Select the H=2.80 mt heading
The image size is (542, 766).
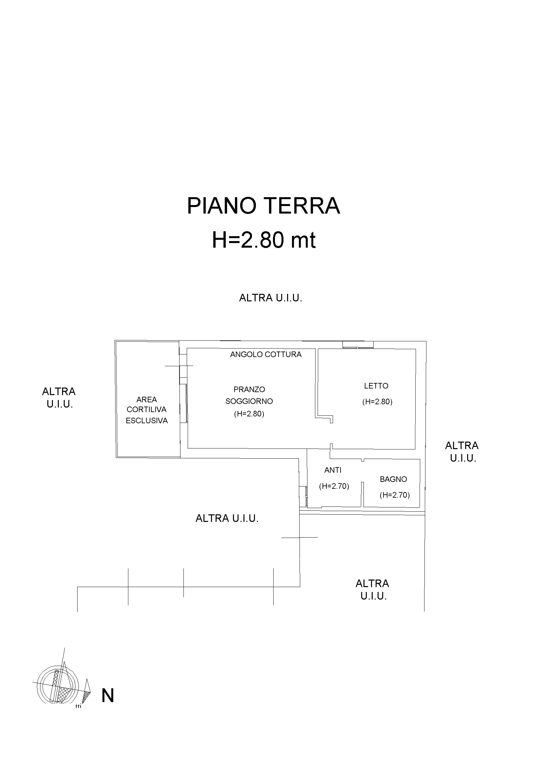click(264, 240)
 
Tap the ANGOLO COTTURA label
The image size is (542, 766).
click(266, 354)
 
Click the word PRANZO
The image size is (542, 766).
click(249, 389)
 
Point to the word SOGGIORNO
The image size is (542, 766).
click(249, 401)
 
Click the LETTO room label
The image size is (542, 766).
click(376, 386)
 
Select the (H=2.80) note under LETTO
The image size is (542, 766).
click(377, 402)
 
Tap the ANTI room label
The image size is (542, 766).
click(333, 470)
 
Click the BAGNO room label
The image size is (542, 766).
click(393, 480)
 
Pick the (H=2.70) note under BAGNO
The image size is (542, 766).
click(394, 495)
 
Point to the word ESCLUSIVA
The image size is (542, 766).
click(147, 421)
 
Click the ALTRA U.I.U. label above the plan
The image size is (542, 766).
click(271, 298)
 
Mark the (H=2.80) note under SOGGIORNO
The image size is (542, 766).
click(249, 414)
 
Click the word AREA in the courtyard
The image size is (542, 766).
click(147, 399)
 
